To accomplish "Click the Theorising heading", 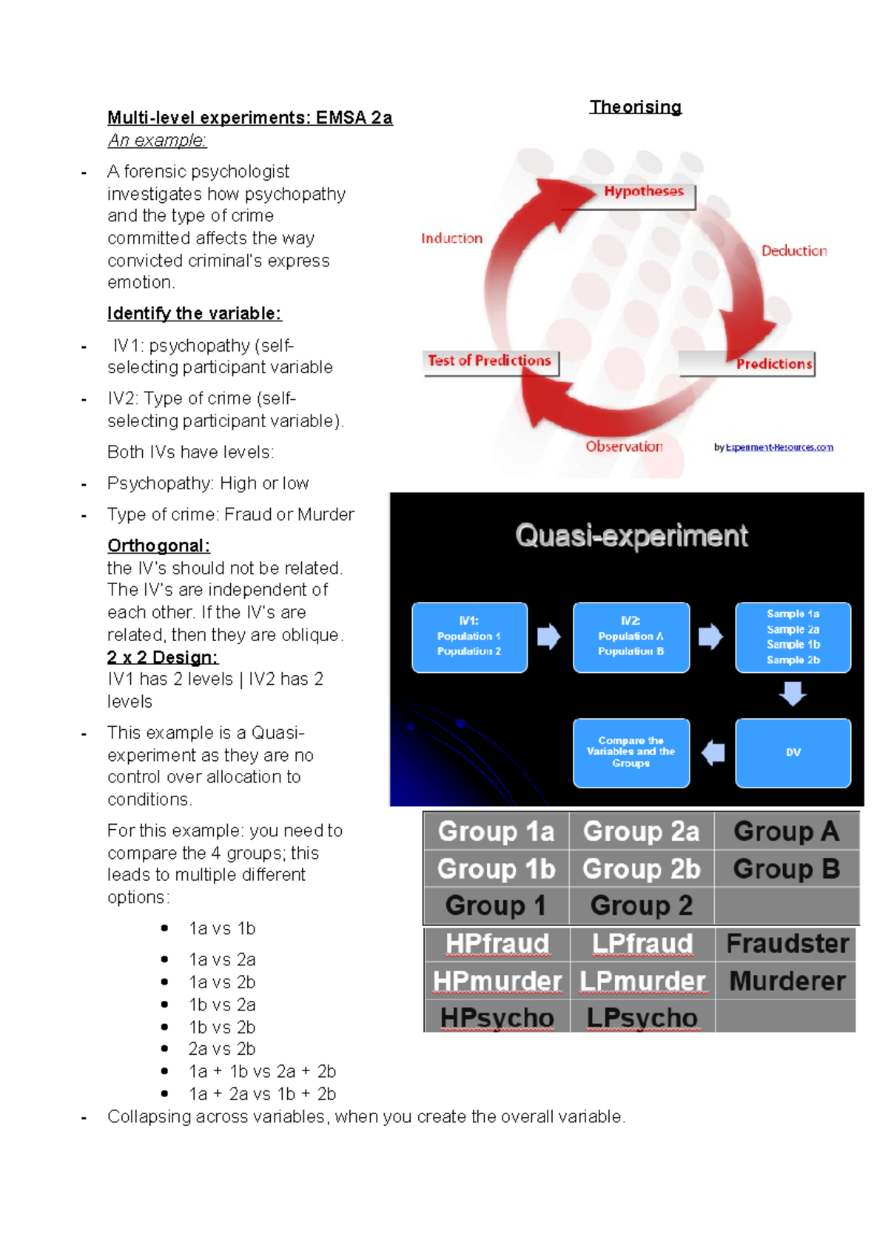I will point(635,107).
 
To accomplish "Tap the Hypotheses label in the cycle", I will point(643,191).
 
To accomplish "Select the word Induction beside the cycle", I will point(451,238).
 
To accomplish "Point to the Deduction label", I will point(794,251).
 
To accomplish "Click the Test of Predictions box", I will point(489,361).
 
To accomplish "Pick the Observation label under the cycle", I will point(624,446).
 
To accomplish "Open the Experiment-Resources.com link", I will point(779,447).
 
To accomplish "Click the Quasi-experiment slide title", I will point(631,535).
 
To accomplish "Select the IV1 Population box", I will point(469,637).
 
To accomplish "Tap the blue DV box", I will point(793,752).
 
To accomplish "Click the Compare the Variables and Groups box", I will point(630,752).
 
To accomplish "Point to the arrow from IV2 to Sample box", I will point(710,637).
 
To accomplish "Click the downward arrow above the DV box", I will point(793,694).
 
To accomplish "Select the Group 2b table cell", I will point(641,868).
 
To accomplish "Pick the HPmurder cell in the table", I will point(497,981).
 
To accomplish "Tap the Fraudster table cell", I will point(787,944).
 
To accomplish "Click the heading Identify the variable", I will point(194,314).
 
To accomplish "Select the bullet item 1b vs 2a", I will point(221,1005).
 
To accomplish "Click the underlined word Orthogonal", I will point(158,546).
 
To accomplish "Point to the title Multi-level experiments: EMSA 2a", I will point(249,118).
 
